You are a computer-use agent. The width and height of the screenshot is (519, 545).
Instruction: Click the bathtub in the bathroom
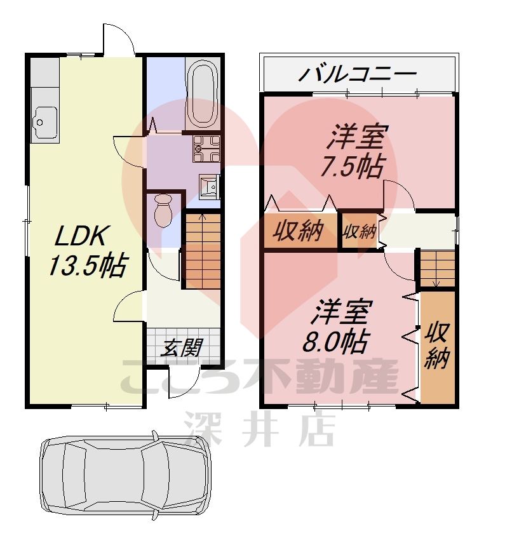[202, 95]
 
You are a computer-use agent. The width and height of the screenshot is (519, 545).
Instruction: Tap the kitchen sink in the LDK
[44, 121]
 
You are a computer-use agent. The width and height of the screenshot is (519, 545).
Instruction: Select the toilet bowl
[163, 210]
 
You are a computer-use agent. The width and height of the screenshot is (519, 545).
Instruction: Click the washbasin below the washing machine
[209, 186]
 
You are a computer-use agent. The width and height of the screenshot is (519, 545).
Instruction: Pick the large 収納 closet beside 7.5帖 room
[299, 232]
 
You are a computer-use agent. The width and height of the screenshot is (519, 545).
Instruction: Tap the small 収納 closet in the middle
[360, 232]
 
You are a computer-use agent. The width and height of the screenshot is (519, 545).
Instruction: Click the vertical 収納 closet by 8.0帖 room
[438, 346]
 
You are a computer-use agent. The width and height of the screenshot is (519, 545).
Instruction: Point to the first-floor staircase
[203, 251]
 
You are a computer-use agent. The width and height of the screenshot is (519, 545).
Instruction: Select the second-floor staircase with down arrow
[437, 269]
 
